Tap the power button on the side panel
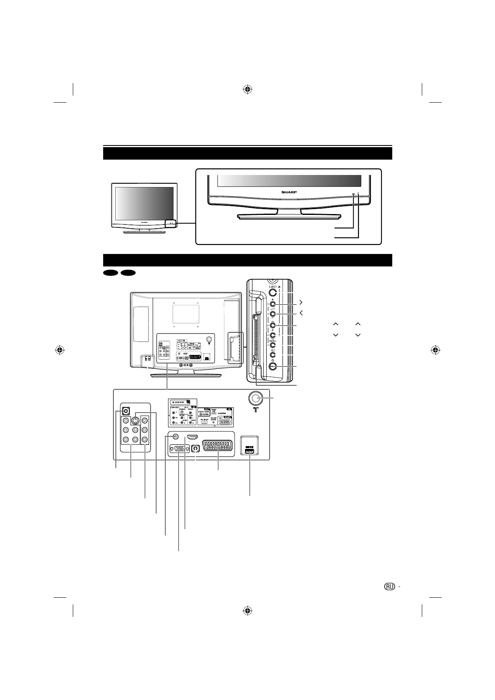click(x=273, y=366)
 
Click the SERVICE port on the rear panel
click(x=249, y=451)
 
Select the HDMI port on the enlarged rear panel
click(x=192, y=437)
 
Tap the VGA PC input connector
click(x=179, y=449)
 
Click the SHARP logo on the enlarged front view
click(x=289, y=193)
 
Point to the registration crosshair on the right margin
click(x=435, y=350)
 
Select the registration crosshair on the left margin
click(x=60, y=350)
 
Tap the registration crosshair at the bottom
click(x=247, y=611)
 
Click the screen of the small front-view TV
click(x=144, y=203)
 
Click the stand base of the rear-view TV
click(x=185, y=376)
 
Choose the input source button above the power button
click(x=273, y=355)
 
